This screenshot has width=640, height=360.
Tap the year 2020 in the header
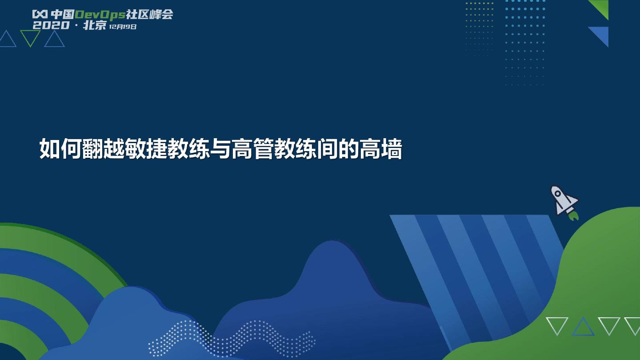pos(51,25)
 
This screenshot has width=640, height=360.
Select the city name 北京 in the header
pos(95,25)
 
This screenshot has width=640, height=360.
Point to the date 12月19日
pos(123,27)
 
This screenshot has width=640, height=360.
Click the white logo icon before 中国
pos(40,14)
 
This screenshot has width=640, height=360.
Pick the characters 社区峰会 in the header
pos(149,14)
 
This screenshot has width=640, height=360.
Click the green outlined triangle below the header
pos(30,39)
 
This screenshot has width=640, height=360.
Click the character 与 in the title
pos(220,149)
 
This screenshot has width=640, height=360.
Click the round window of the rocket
pos(557,194)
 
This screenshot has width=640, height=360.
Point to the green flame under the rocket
pos(573,216)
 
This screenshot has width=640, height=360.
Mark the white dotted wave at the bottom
pos(232,339)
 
